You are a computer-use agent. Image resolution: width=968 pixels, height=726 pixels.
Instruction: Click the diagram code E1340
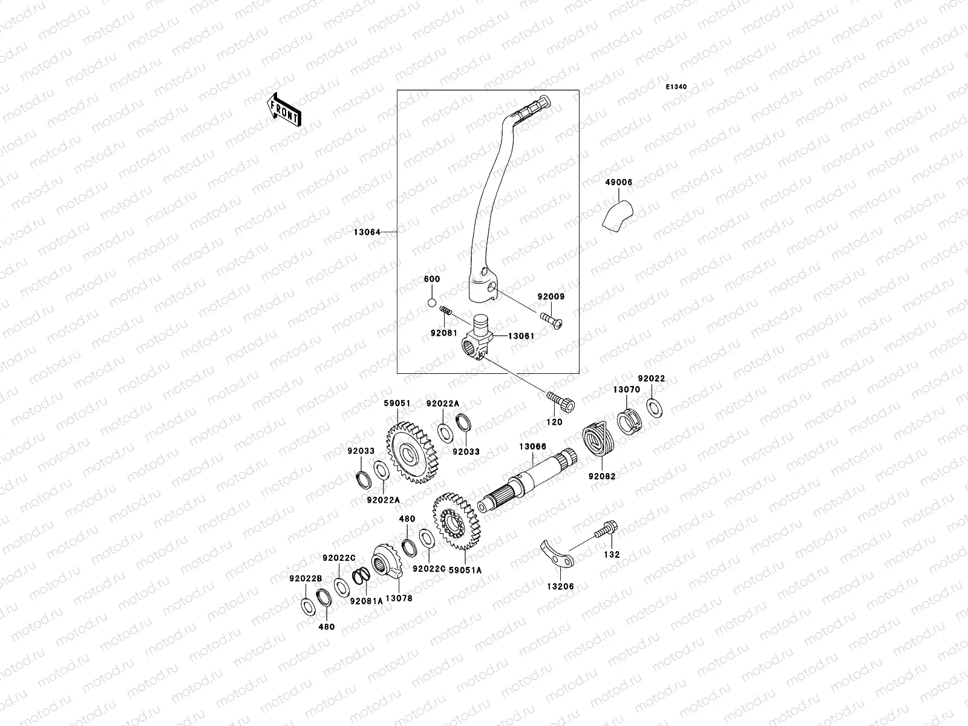click(676, 87)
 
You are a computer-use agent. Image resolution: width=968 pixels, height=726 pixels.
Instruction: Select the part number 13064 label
click(367, 232)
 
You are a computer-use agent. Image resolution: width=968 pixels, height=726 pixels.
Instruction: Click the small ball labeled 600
click(431, 302)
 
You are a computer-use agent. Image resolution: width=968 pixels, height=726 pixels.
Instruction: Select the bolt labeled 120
click(561, 401)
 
